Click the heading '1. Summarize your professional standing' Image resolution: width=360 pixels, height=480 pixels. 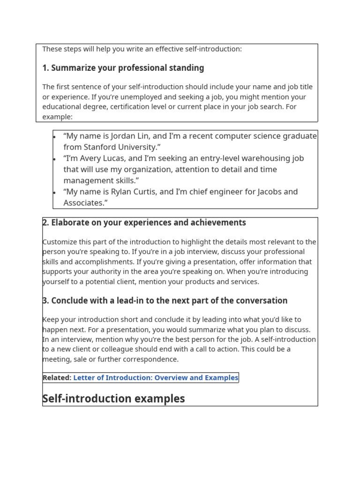point(123,68)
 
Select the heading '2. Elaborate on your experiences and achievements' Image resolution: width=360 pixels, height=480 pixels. point(144,223)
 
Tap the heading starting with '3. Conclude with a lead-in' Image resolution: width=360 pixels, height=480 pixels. point(165,300)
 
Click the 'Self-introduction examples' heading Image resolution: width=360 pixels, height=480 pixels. point(113,399)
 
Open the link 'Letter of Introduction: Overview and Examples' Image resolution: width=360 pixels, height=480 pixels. point(156,378)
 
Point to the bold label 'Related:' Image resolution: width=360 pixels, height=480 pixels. point(57,378)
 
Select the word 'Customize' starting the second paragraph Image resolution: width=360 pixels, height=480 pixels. point(59,242)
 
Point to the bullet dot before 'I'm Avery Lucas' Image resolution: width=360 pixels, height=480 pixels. point(55,159)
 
